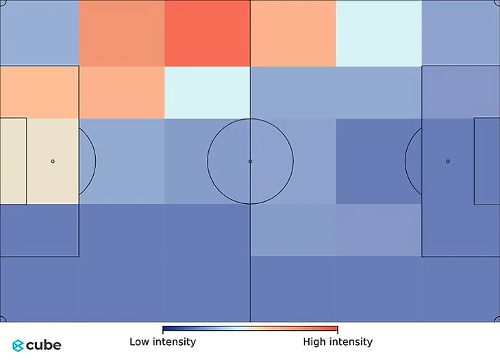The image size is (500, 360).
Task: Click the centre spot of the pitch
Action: [x=250, y=162]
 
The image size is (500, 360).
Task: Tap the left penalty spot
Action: [x=53, y=162]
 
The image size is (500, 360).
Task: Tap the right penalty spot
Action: [x=448, y=162]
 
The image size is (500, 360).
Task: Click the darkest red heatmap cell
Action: [x=207, y=33]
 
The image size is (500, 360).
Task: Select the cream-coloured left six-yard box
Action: [x=13, y=162]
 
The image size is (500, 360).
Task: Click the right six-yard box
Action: [x=486, y=162]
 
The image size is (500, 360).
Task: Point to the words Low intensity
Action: [x=162, y=342]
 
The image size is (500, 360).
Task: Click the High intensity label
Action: [x=338, y=342]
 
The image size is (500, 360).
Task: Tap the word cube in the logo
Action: [x=44, y=346]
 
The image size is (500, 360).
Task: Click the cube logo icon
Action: [x=18, y=346]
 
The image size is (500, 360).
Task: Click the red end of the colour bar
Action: [x=335, y=329]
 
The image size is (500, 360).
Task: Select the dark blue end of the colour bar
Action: [x=165, y=329]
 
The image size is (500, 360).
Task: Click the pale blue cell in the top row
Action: [x=378, y=33]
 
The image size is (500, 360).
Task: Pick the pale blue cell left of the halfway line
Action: [x=207, y=92]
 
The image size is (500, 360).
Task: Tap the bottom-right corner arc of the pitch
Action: [x=497, y=319]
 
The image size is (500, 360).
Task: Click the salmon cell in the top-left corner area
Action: [x=121, y=33]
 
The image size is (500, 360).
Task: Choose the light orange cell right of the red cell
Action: [x=292, y=33]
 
